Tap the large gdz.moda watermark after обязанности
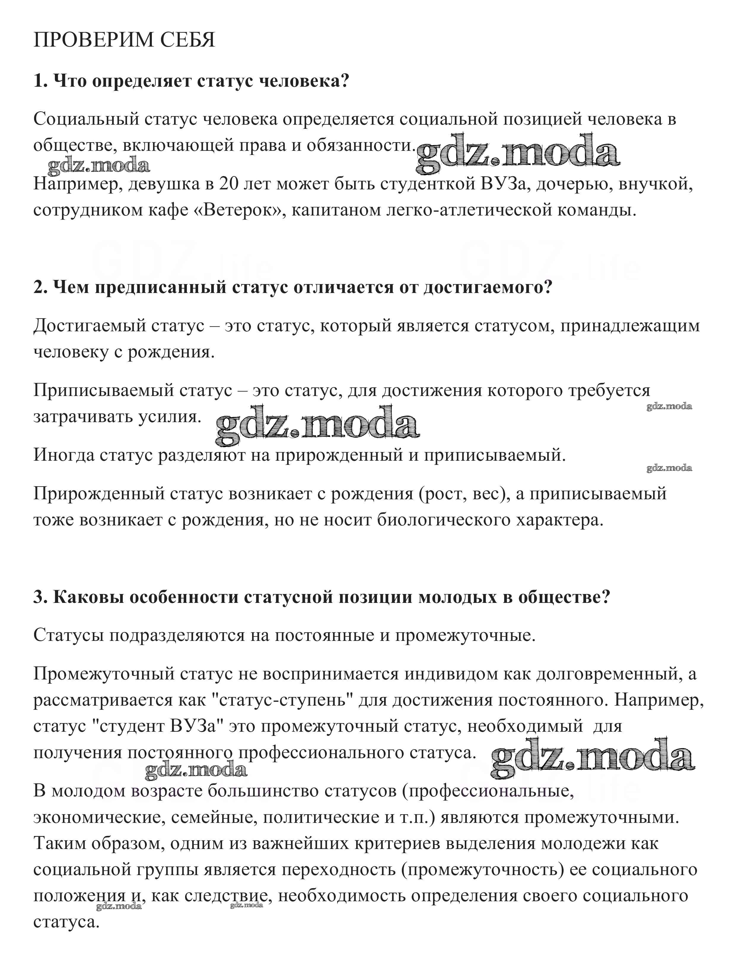[x=518, y=153]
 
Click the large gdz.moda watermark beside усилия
[x=317, y=425]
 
